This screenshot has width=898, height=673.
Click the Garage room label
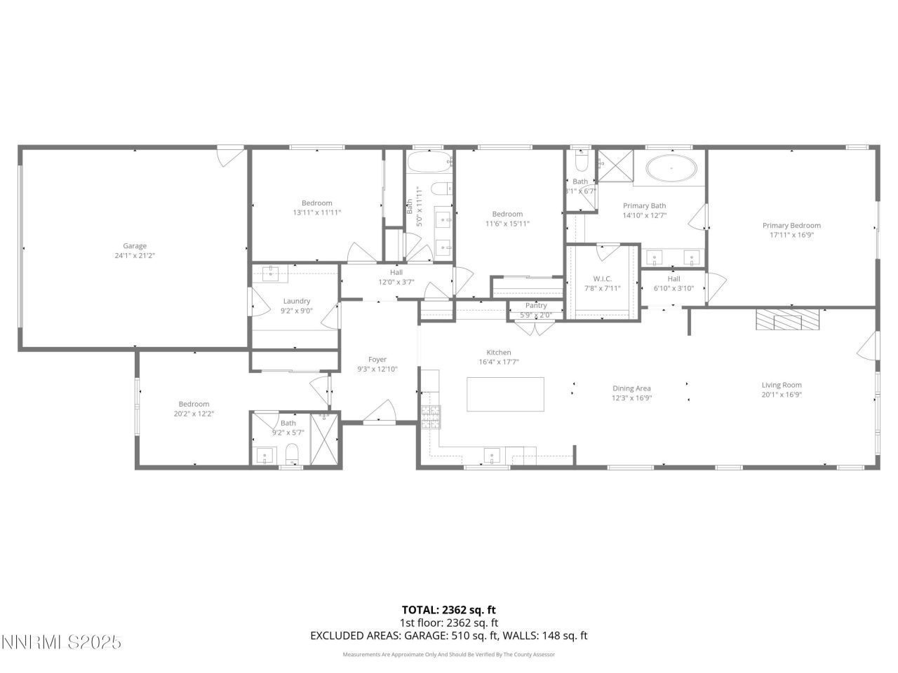(135, 246)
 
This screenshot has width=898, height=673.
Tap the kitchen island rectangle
(505, 395)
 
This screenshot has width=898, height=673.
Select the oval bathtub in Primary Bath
(671, 169)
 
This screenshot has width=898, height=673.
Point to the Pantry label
(536, 306)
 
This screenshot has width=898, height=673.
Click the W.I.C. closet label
(603, 279)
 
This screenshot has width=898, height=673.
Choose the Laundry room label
(296, 301)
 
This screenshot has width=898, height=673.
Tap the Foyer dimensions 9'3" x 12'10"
(377, 369)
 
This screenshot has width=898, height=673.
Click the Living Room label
(782, 385)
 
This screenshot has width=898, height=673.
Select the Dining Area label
(631, 388)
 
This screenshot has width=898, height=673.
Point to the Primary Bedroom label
(791, 226)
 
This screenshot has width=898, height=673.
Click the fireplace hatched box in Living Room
(787, 320)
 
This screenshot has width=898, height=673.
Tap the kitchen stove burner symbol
(429, 416)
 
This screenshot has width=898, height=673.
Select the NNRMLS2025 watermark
(62, 642)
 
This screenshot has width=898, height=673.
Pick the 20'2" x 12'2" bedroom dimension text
(194, 414)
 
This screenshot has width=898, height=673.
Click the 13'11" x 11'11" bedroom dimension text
(317, 212)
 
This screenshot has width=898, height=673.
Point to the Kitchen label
(499, 353)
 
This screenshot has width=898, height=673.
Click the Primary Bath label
(644, 206)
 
